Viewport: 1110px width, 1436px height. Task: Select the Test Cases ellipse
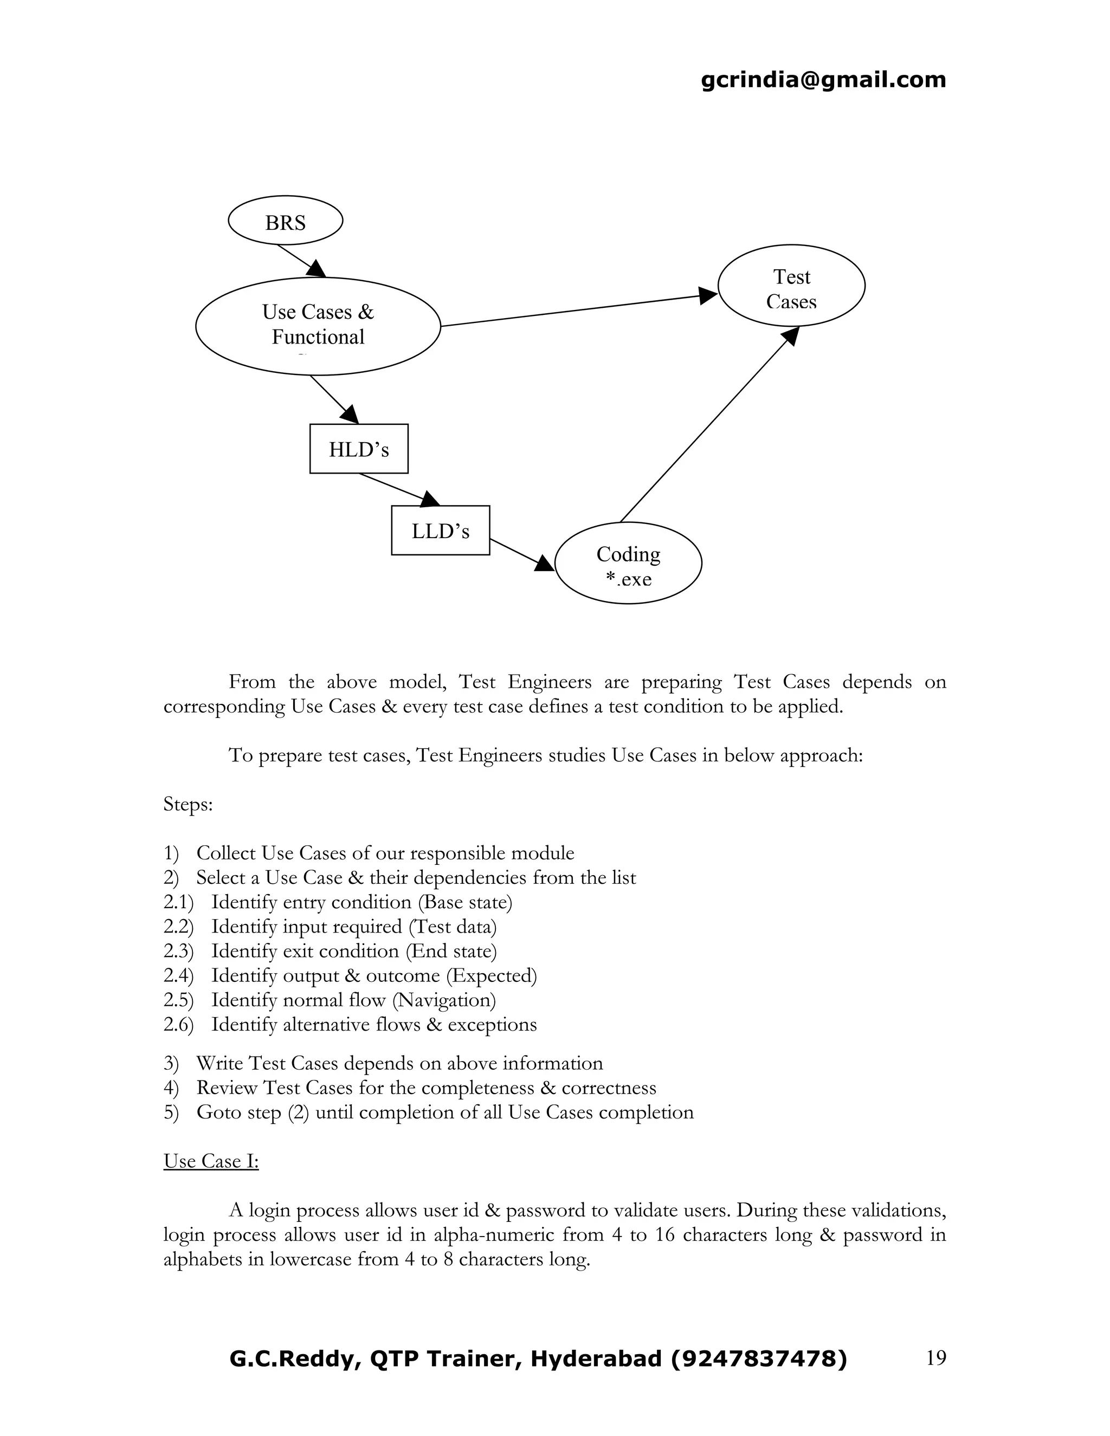pos(791,286)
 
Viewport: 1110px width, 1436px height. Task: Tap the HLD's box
pos(358,449)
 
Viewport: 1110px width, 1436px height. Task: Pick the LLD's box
pos(440,530)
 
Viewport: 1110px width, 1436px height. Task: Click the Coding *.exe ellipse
pos(628,564)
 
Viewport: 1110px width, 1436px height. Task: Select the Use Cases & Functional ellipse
pos(318,326)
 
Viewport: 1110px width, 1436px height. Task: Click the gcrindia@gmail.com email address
pos(823,80)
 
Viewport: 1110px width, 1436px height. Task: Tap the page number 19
pos(935,1358)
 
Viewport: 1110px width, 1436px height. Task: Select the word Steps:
pos(188,805)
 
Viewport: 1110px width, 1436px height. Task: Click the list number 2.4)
pos(178,976)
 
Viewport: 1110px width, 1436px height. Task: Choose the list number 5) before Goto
pos(171,1112)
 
